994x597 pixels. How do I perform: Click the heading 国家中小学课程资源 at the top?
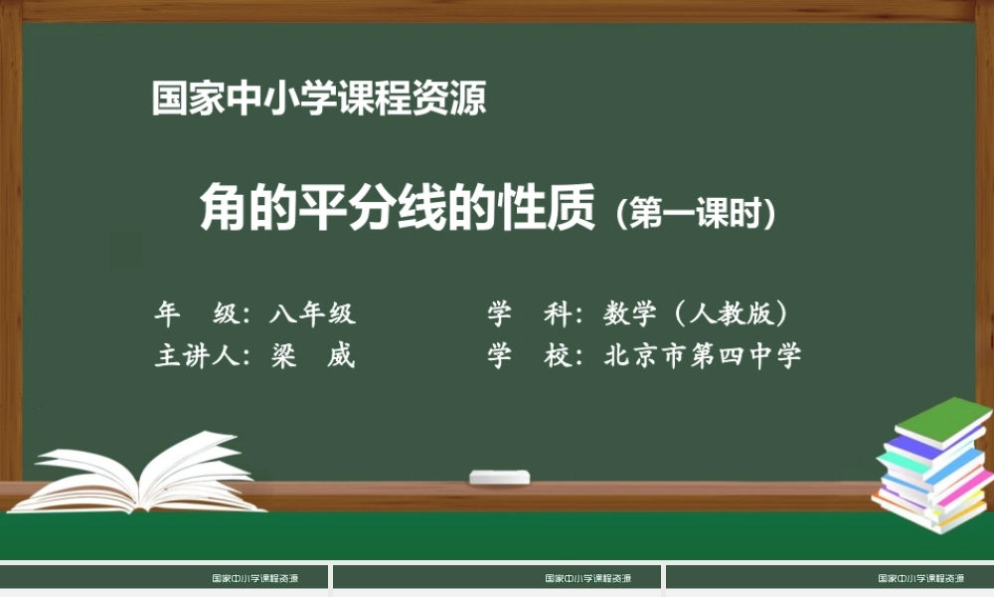click(318, 99)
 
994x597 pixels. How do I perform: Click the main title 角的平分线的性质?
click(397, 208)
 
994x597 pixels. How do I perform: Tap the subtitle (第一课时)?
click(695, 214)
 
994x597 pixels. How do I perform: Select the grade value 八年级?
click(312, 314)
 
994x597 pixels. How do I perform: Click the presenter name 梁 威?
click(312, 356)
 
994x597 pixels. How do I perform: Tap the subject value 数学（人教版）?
click(696, 314)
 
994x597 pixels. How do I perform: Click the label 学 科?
click(527, 314)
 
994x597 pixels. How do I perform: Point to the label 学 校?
click(527, 356)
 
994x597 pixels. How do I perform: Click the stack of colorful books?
click(932, 468)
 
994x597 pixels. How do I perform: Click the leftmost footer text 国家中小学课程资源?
click(255, 578)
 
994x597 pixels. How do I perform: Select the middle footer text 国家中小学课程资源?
click(588, 578)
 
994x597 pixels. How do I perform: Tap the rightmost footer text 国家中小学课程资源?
click(921, 578)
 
